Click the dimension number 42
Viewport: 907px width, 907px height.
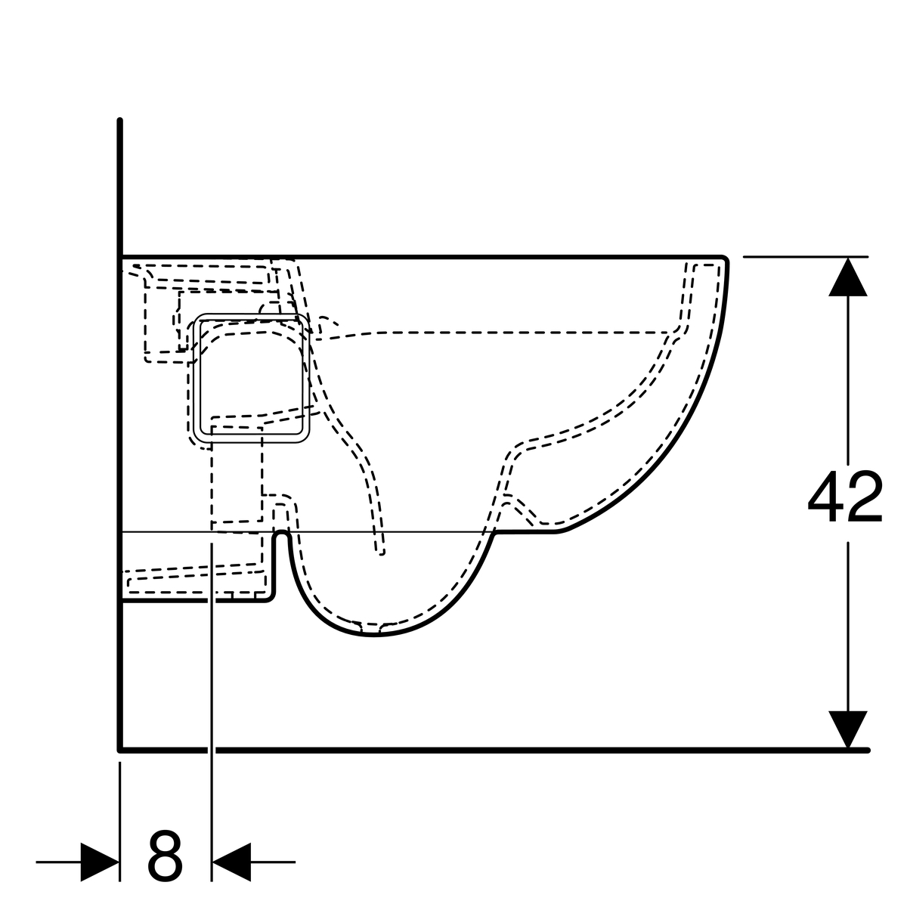pyautogui.click(x=845, y=496)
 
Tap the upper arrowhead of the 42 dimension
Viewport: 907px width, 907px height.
pyautogui.click(x=848, y=277)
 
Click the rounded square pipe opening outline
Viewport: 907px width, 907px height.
pyautogui.click(x=252, y=378)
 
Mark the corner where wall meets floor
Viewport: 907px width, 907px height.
pyautogui.click(x=120, y=750)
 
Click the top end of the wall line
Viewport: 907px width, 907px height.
pyautogui.click(x=119, y=120)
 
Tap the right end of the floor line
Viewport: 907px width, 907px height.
pyautogui.click(x=867, y=750)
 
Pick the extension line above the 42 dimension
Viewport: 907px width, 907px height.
pyautogui.click(x=805, y=256)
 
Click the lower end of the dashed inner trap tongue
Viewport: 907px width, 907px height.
pyautogui.click(x=381, y=553)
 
